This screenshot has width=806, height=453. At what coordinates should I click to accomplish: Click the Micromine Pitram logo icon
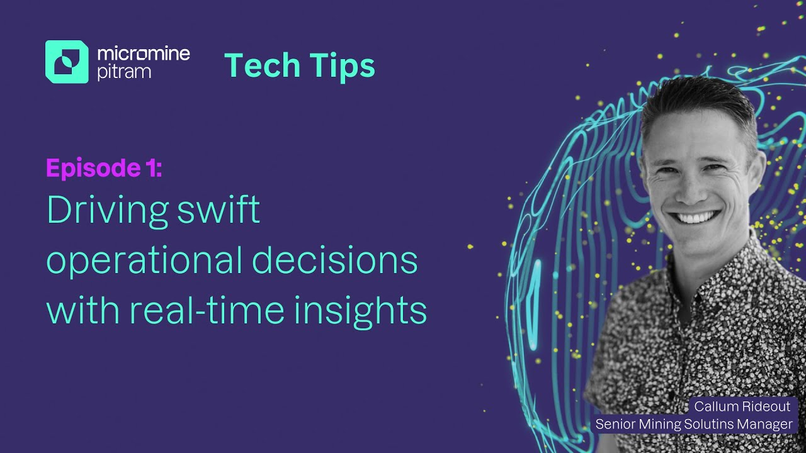[x=67, y=62]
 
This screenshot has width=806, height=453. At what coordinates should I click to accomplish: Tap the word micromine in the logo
[x=144, y=53]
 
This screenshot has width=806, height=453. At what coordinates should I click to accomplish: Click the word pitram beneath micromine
[x=124, y=72]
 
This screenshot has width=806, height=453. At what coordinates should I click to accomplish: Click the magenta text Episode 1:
[x=104, y=169]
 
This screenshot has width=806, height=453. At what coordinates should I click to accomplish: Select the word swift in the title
[x=219, y=210]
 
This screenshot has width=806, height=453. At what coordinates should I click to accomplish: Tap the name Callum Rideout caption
[x=742, y=406]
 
